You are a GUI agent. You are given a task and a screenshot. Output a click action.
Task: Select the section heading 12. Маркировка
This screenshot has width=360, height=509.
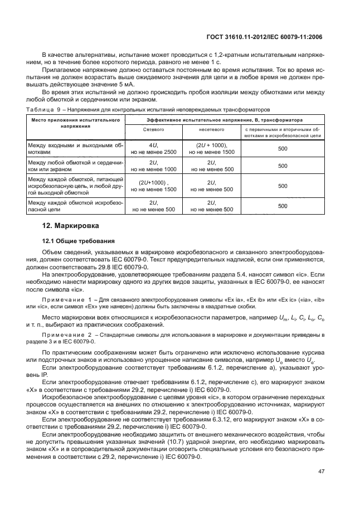pyautogui.click(x=71, y=226)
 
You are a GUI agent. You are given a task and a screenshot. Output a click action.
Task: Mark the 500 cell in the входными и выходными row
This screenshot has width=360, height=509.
pyautogui.click(x=282, y=148)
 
